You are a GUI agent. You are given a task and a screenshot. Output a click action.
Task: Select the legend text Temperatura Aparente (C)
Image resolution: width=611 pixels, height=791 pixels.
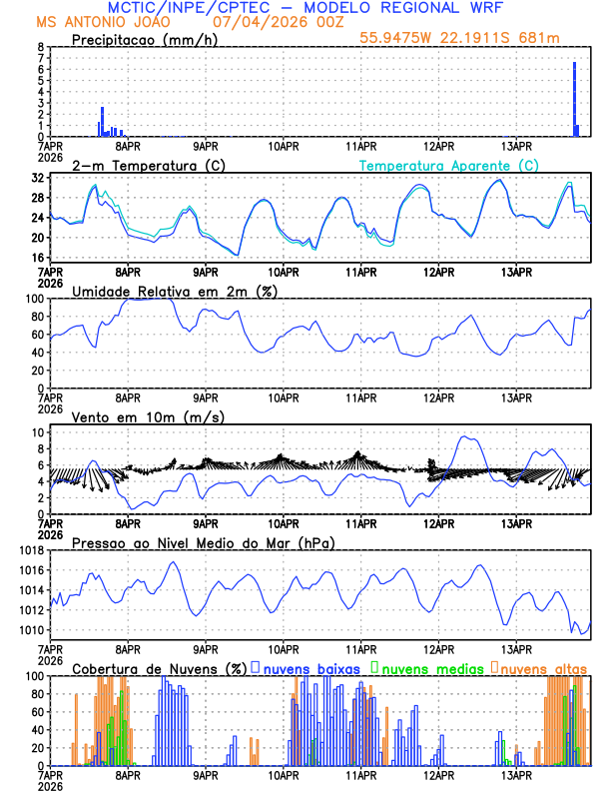448,165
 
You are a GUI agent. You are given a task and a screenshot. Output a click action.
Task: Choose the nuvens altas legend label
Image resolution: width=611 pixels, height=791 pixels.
543,666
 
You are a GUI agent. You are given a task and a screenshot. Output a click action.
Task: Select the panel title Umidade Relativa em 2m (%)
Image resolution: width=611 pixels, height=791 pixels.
175,291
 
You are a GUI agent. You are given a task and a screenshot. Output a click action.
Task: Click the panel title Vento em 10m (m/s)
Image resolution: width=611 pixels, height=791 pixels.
149,416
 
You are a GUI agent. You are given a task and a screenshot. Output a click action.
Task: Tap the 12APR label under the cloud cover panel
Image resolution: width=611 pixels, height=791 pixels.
438,775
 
